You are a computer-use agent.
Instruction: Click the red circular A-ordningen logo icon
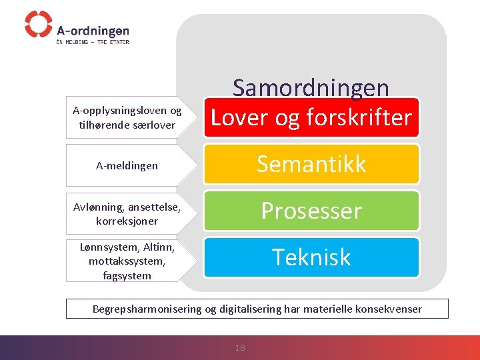pos(38,24)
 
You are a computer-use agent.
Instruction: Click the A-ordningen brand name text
pos(93,31)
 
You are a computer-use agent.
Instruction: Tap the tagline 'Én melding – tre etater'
pos(92,42)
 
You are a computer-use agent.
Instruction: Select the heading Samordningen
pos(311,87)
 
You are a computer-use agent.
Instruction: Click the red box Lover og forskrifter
pos(311,118)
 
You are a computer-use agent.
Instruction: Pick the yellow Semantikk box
pos(311,164)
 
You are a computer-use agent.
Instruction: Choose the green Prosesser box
pos(311,211)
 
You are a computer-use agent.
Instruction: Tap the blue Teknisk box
pos(311,257)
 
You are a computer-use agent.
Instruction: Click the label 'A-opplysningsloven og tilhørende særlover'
pos(127,118)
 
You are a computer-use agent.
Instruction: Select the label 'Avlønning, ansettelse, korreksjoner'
pos(127,213)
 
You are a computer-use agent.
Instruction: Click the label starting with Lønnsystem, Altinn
pos(127,261)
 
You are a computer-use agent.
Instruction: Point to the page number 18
pos(240,347)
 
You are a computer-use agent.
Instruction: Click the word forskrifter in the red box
pos(359,118)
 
